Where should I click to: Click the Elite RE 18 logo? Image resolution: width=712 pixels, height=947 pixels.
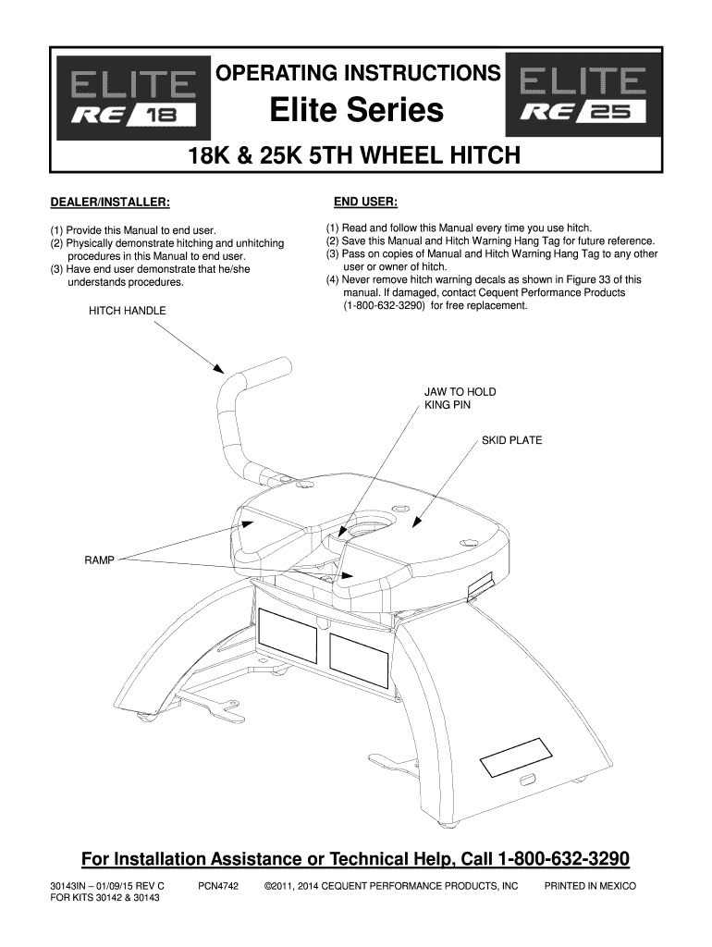click(133, 97)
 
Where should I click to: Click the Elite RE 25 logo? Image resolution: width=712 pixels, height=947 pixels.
click(582, 94)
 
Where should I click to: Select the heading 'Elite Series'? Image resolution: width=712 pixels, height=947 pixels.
click(357, 110)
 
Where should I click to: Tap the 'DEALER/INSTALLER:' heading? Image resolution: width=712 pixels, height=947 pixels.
click(110, 203)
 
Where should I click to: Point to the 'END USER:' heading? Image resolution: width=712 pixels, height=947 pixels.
click(365, 202)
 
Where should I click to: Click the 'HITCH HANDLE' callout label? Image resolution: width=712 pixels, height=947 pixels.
click(128, 311)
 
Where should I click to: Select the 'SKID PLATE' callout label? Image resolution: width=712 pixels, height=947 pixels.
click(511, 441)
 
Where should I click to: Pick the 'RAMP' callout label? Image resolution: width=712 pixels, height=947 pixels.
click(99, 560)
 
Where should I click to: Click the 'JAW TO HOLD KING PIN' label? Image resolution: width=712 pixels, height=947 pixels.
click(460, 399)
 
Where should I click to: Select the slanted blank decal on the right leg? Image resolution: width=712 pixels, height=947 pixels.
click(516, 756)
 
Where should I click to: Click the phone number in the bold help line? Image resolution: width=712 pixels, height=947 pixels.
click(563, 859)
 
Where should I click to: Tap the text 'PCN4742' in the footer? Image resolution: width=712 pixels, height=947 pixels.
click(218, 887)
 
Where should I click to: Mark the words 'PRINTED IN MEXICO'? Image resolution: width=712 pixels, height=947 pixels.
click(590, 887)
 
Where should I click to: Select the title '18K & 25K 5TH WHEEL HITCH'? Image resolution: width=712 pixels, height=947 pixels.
click(354, 155)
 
